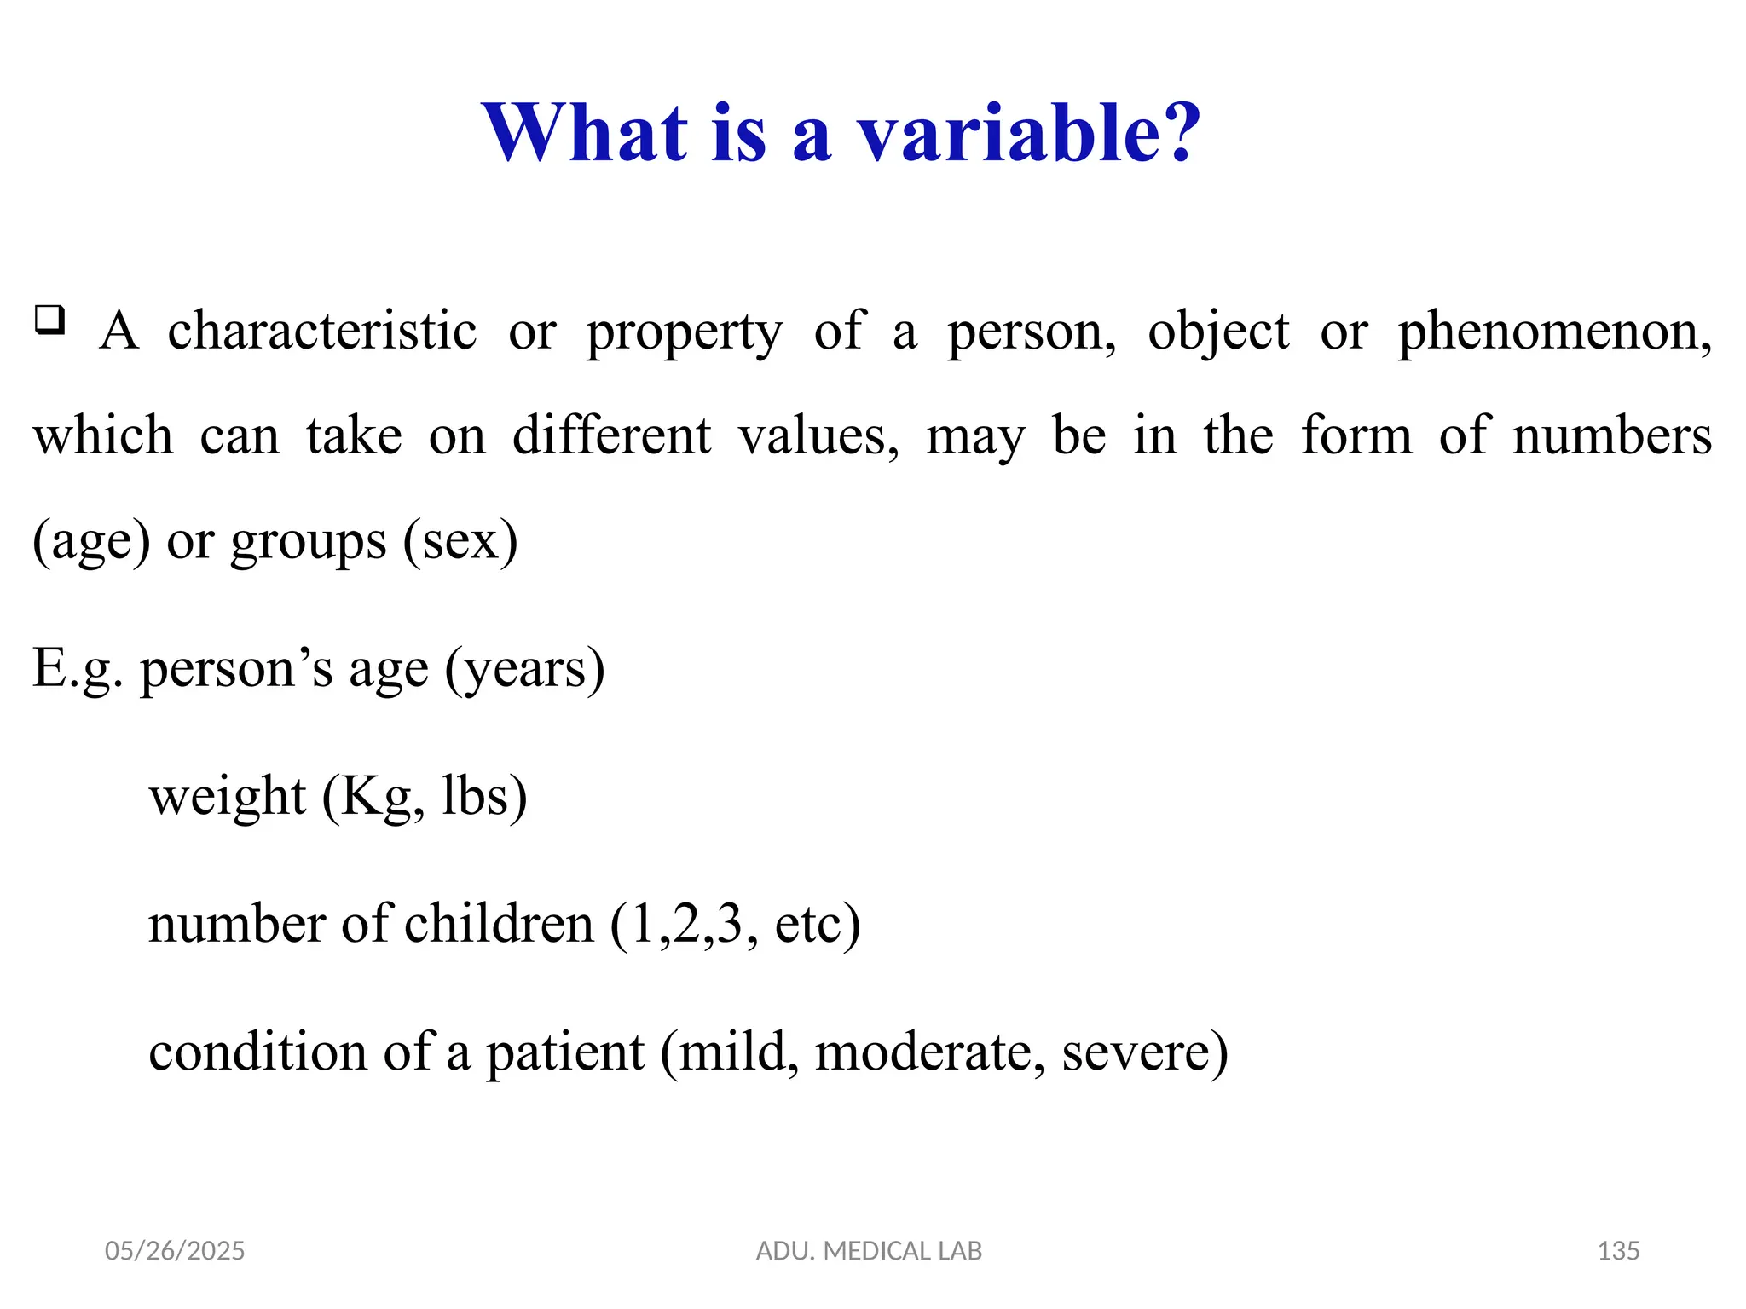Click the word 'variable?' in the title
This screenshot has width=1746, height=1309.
point(1029,134)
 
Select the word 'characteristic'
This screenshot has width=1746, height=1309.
point(321,331)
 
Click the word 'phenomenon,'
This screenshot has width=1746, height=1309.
point(1554,332)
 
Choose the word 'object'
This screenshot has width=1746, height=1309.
point(1218,332)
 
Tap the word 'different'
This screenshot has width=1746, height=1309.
point(611,435)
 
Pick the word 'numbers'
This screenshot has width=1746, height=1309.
point(1611,435)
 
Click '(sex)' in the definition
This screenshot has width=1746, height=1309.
point(460,541)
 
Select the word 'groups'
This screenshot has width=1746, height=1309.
point(309,543)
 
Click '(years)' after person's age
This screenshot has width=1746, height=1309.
point(525,670)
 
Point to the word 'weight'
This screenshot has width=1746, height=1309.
point(228,799)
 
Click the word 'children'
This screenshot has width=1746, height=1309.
point(499,924)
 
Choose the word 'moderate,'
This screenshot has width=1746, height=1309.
point(930,1052)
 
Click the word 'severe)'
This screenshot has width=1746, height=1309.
point(1145,1052)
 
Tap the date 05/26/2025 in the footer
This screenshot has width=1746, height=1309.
point(175,1251)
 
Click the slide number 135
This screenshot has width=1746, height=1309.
point(1618,1251)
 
